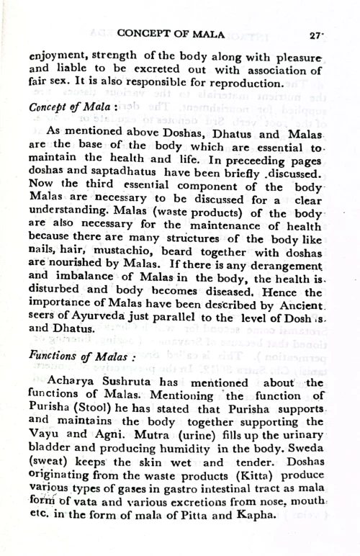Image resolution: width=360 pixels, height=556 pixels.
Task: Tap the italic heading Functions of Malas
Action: pos(73,355)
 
